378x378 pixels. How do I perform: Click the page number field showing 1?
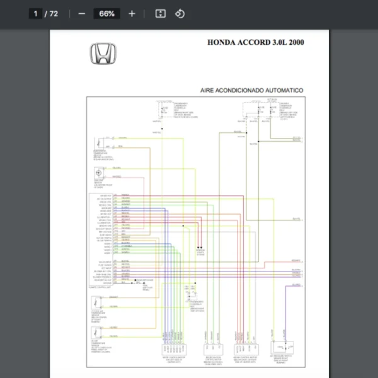tap(36, 13)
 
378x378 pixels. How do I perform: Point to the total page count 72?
tap(54, 13)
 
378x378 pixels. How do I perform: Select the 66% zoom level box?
tap(106, 13)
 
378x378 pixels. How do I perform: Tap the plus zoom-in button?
tap(132, 13)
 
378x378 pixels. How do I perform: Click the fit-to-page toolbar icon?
tap(160, 13)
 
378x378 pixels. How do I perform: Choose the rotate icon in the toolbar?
tap(180, 13)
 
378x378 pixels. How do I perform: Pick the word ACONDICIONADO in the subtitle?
tap(243, 91)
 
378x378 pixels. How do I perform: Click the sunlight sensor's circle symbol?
tap(99, 173)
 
